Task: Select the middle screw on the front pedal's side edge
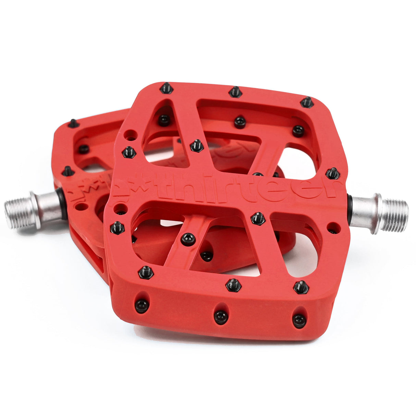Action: point(221,317)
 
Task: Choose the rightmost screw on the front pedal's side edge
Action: point(299,320)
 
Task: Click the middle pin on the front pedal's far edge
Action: point(235,91)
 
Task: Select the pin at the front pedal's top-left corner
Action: point(167,88)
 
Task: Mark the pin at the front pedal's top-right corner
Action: point(307,102)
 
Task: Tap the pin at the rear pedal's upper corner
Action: point(73,123)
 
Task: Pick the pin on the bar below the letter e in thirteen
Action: point(258,218)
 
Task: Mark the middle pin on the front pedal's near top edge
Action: point(233,285)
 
